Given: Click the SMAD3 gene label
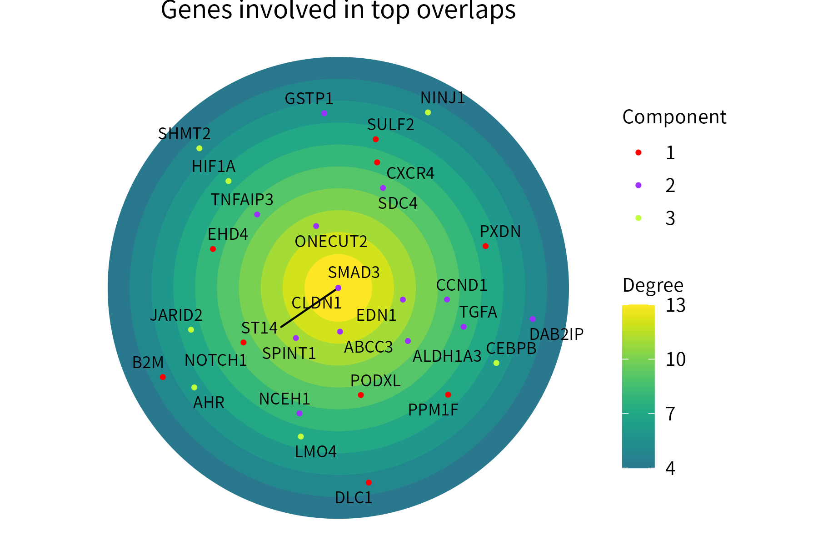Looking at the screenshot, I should click(x=354, y=272).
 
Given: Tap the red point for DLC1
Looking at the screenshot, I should click(x=369, y=482).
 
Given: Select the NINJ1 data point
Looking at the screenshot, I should click(x=428, y=112).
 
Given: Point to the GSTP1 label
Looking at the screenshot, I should click(x=309, y=98).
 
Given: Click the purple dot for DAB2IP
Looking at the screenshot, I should click(x=533, y=319).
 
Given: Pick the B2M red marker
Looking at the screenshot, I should click(x=163, y=377).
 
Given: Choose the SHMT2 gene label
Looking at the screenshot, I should click(x=185, y=134).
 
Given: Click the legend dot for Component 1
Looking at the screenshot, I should click(x=638, y=152).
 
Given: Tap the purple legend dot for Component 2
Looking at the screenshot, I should click(x=638, y=185).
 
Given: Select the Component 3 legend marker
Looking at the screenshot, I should click(x=638, y=218).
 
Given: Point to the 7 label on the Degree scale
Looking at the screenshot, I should click(x=670, y=414).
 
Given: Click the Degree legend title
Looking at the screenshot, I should click(x=653, y=285).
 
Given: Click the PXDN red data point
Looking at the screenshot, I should click(x=485, y=246).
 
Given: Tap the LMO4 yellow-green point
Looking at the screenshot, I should click(x=301, y=436).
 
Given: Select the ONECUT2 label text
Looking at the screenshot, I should click(x=331, y=241).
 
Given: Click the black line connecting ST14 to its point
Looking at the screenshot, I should click(x=309, y=308).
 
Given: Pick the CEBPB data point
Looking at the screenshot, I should click(x=496, y=363).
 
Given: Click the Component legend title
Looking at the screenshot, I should click(x=674, y=117).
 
